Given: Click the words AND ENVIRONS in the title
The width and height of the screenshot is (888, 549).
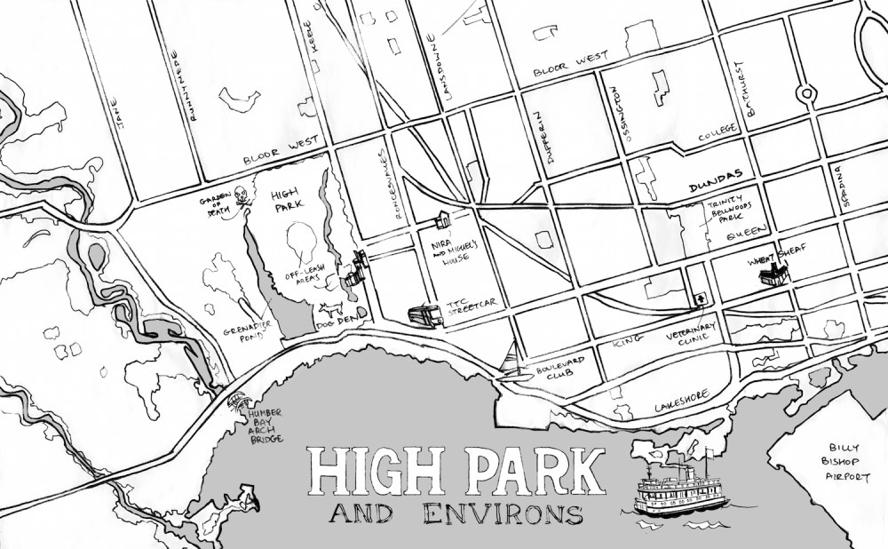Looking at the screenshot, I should (x=455, y=513).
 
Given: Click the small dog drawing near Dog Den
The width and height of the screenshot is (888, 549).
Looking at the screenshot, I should (x=330, y=310).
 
